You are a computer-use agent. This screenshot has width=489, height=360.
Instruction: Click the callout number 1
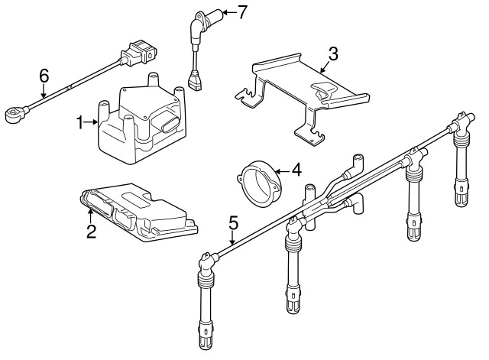tap(80, 122)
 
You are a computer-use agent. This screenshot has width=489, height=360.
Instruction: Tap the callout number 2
tap(91, 232)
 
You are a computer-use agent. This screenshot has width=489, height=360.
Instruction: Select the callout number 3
tap(332, 54)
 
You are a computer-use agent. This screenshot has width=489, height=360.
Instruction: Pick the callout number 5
tap(233, 223)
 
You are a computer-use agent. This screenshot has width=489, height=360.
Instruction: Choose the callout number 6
tap(44, 75)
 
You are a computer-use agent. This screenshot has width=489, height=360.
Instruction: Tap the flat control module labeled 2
tap(141, 210)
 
